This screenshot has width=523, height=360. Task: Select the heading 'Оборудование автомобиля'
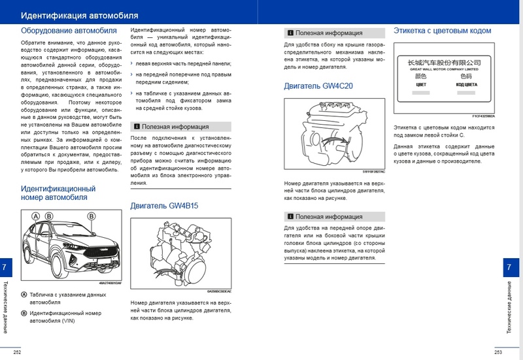click(69, 30)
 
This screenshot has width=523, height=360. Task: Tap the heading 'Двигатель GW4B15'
click(163, 205)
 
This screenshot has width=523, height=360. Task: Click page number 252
click(17, 352)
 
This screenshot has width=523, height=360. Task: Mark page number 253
click(498, 352)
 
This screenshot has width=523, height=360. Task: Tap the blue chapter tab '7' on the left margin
click(5, 267)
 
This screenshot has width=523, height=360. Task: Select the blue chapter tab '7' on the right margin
click(509, 267)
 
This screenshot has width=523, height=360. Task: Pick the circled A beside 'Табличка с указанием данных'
click(24, 295)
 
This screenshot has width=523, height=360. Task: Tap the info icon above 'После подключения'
click(136, 127)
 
